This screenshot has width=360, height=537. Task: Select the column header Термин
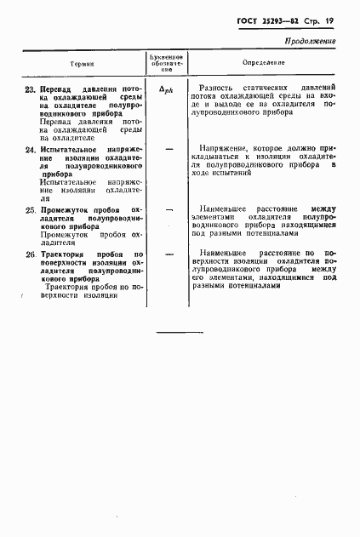pyautogui.click(x=83, y=63)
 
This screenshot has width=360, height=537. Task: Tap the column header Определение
pyautogui.click(x=264, y=63)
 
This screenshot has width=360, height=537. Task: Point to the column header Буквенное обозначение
pyautogui.click(x=167, y=63)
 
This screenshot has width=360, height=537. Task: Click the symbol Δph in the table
pyautogui.click(x=167, y=89)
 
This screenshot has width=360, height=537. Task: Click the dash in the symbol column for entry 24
pyautogui.click(x=168, y=149)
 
